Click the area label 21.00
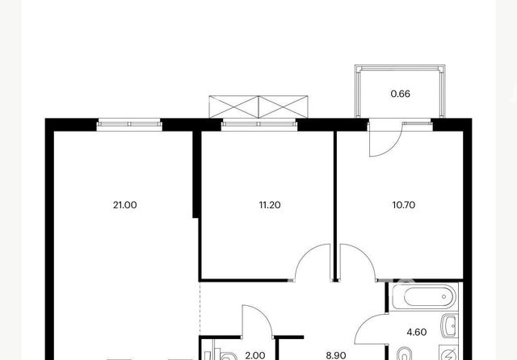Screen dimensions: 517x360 [x=124, y=205]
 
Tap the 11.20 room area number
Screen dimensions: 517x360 [x=270, y=205]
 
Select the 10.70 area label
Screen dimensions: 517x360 [x=404, y=205]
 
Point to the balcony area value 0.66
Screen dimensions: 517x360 [x=401, y=94]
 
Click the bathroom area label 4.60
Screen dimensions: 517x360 [x=417, y=332]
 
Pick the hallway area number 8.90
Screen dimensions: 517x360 [x=336, y=355]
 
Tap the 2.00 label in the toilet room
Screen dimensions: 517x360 [x=255, y=355]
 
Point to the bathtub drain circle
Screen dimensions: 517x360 [x=443, y=297]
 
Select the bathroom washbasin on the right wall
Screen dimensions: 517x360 [x=449, y=326]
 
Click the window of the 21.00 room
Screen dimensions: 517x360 [x=129, y=124]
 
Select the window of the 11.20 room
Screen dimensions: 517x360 [x=259, y=124]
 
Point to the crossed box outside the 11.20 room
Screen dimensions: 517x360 [x=258, y=107]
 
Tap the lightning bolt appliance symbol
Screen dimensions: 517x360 [x=449, y=354]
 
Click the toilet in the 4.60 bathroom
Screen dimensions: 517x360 [x=404, y=354]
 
